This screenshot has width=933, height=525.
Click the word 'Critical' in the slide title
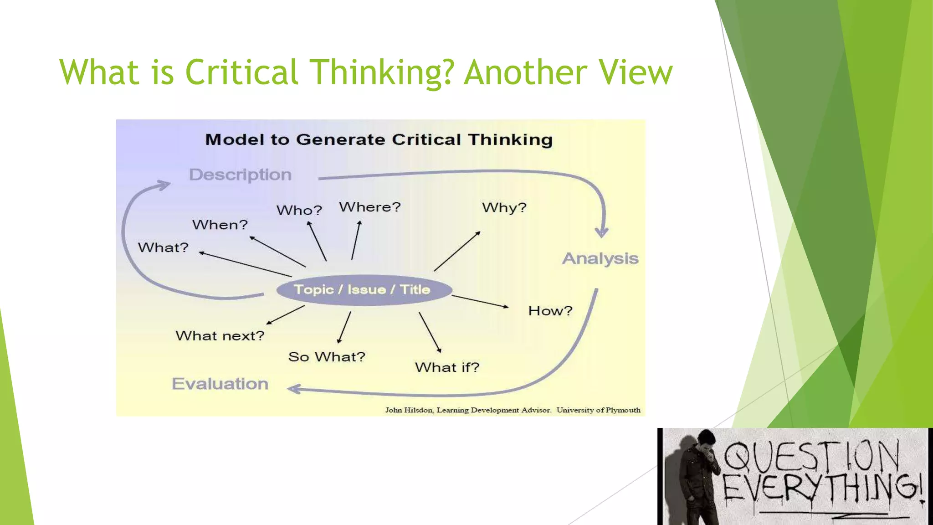coord(241,72)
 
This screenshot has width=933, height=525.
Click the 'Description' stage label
coord(240,175)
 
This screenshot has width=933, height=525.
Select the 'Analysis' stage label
coord(600,258)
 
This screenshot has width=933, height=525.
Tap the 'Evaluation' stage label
coord(220,384)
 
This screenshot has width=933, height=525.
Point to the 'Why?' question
coord(504,208)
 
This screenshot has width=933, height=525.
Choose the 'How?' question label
coord(550,311)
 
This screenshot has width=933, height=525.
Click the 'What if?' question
coord(447,367)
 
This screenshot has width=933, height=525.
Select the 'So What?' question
coord(327,357)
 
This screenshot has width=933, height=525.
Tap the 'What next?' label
coord(220,336)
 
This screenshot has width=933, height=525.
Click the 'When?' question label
coord(220,225)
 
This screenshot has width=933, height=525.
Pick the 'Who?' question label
coord(299,210)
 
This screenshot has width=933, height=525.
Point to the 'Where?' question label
coord(369,207)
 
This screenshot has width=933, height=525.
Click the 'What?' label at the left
coord(163,247)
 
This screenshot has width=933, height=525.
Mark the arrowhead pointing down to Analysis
coord(602,233)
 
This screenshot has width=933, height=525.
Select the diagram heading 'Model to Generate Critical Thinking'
coord(379,139)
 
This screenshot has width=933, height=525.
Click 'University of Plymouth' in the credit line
coord(598,410)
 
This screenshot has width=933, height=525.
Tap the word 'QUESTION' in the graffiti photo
coord(811,456)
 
